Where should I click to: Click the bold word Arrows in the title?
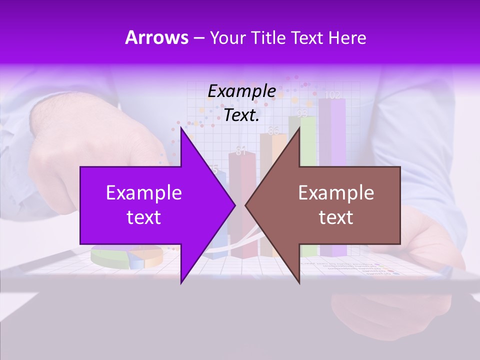156,37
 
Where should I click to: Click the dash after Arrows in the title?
198,38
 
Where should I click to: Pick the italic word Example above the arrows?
241,91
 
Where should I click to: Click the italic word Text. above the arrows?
241,115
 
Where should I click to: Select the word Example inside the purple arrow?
144,193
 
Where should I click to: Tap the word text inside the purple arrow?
144,217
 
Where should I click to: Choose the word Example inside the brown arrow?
336,193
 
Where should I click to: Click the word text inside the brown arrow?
336,217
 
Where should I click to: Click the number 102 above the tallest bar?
332,95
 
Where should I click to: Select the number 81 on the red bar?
241,151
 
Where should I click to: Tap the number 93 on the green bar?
302,113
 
